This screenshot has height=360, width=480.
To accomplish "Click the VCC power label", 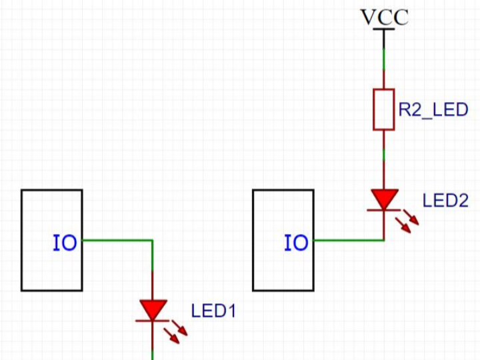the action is [385, 17].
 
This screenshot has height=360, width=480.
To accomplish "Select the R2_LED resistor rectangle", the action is [384, 109].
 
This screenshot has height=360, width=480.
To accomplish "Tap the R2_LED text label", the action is [433, 109].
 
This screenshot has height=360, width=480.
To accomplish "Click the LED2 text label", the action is [445, 201].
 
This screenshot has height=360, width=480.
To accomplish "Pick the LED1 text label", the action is [214, 311].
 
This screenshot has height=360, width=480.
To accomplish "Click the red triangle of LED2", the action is [385, 199].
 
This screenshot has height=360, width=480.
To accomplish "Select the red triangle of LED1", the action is [153, 310].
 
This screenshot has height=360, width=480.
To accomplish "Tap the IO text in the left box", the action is [65, 243].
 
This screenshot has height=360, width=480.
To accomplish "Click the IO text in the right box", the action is [296, 243].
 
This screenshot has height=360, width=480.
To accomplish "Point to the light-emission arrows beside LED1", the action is [175, 332].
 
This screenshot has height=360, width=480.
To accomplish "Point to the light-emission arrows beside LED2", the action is [407, 221].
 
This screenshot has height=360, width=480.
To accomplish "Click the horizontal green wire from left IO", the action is [117, 241].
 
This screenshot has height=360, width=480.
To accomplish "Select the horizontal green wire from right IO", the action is [349, 241].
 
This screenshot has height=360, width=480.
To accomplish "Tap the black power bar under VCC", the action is [384, 29].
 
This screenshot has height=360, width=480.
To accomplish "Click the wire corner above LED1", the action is [152, 241].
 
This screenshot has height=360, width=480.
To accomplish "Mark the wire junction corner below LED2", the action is [384, 241].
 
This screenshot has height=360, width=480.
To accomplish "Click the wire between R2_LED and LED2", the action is [384, 160].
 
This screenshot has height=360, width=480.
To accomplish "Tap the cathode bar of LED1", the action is [153, 321].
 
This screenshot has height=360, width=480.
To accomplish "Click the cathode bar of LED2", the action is [384, 210].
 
